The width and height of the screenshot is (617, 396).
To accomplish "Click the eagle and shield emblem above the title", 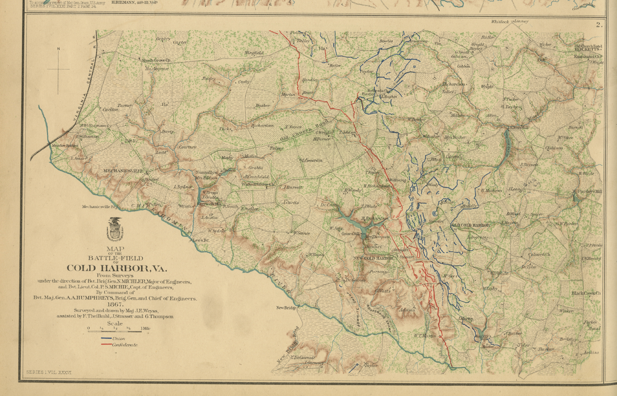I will coord(115,229).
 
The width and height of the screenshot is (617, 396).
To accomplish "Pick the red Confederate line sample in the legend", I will coord(106,345).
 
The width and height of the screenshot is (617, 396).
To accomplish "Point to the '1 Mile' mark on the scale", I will coord(145,328).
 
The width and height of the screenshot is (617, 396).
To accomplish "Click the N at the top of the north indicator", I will coord(58,49).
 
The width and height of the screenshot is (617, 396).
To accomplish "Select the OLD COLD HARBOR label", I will coord(471,225).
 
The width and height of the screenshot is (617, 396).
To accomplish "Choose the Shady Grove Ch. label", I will coord(157,61).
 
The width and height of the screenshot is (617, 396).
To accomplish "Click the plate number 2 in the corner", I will coord(598,25).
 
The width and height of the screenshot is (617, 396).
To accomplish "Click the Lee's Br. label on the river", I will coord(199,240).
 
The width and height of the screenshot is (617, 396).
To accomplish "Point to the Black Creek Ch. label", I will coord(586,293).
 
